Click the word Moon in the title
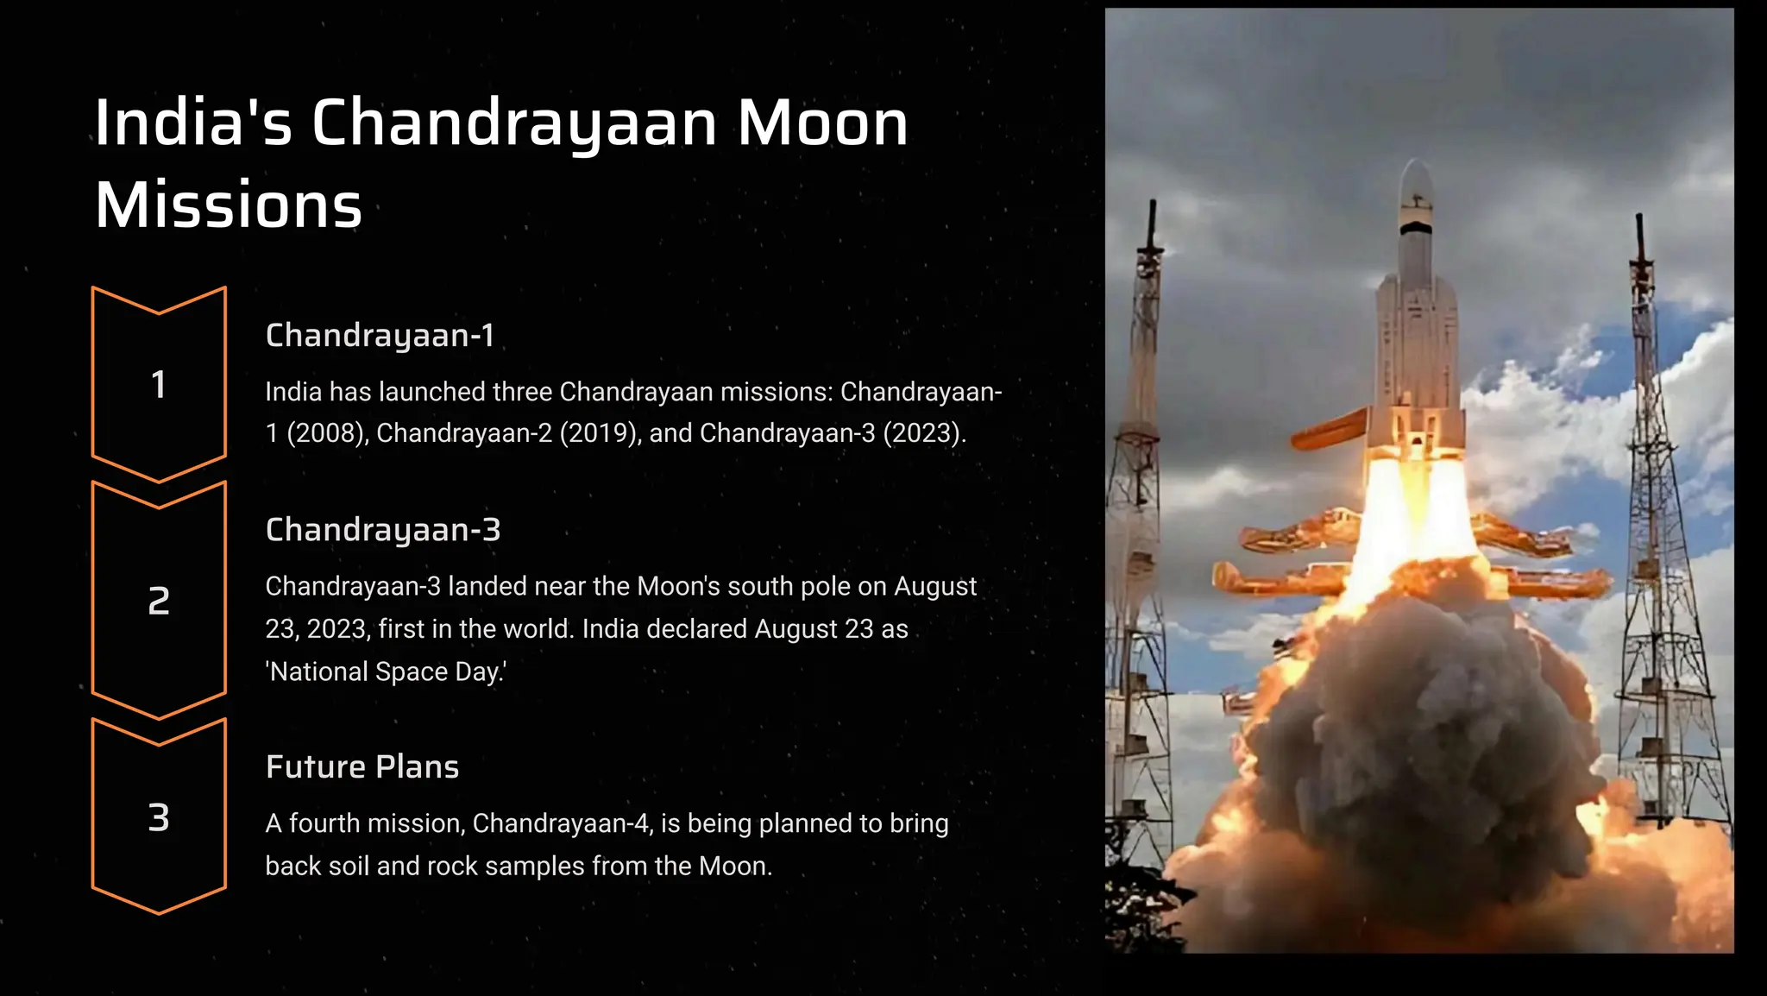[822, 123]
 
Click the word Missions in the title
[229, 205]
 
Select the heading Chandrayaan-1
[380, 335]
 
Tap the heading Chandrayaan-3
[383, 529]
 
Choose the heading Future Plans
[362, 766]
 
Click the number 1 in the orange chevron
[159, 385]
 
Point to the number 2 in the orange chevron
[159, 601]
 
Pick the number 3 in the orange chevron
[159, 817]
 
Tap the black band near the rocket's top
[1416, 228]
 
